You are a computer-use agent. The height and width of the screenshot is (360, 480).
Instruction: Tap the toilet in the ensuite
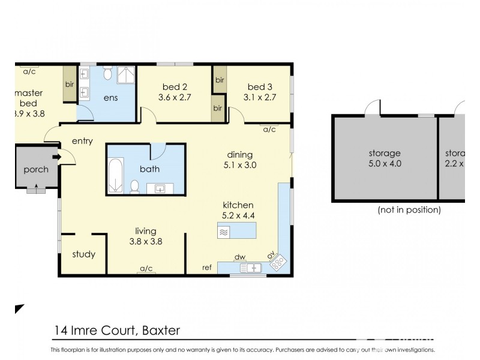pos(107,74)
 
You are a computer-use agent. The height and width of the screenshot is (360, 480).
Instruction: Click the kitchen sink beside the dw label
pos(253,268)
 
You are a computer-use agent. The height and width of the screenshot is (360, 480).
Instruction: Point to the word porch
pos(35,169)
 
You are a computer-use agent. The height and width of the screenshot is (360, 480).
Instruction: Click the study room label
pos(83,254)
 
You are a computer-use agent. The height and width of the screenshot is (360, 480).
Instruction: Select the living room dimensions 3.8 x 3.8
pos(146,241)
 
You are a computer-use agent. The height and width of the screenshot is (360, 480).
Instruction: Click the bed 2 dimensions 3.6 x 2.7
pos(175,97)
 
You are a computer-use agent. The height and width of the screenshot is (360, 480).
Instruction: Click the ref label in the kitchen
pos(206,268)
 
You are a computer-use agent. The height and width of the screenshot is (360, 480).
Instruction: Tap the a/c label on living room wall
pos(146,268)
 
